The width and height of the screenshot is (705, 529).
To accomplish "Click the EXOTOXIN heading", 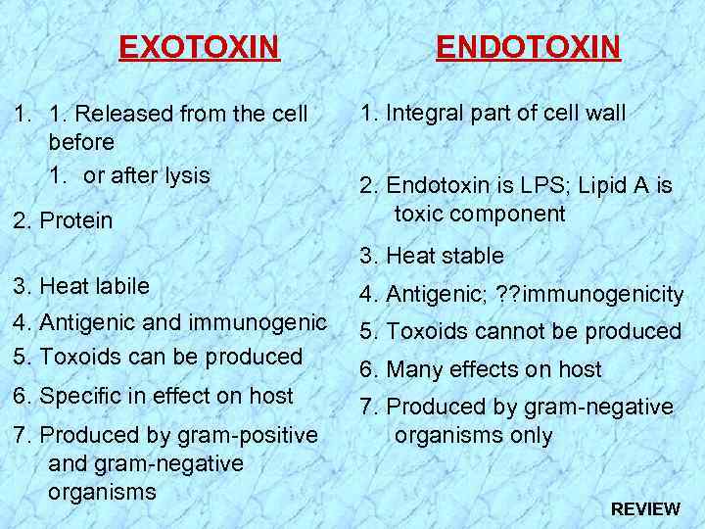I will point(199,47).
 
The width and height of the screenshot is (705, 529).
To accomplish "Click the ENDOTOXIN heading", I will point(528,47).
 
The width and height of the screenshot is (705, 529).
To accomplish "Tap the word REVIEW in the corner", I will point(645,508).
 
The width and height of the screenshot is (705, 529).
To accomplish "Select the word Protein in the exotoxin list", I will point(76,221).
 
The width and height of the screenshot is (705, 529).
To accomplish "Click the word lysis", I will point(189,176).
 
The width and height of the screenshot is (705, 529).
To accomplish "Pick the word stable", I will point(472,257).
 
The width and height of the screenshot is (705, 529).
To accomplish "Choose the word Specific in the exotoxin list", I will point(77,397).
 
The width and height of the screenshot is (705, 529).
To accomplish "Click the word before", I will point(81,142).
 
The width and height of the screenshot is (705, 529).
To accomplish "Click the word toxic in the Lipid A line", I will point(421,215).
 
